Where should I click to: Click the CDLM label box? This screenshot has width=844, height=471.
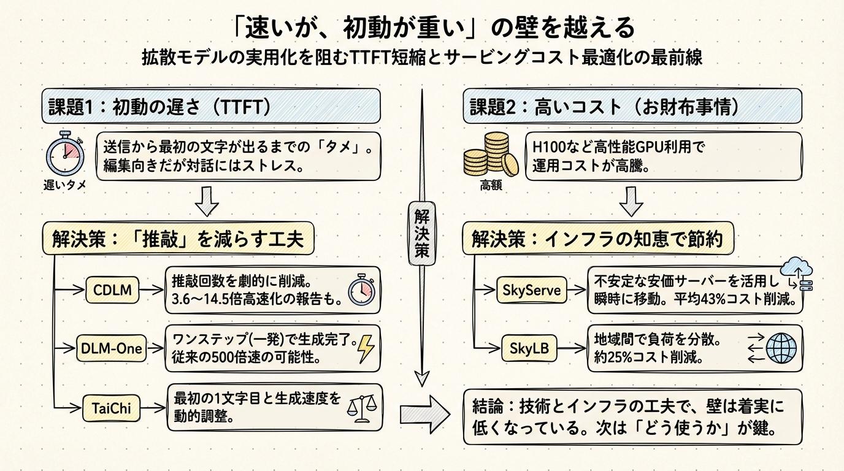pyautogui.click(x=113, y=290)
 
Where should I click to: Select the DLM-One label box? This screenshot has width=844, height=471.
pyautogui.click(x=112, y=349)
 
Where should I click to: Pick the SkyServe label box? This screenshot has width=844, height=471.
pyautogui.click(x=531, y=290)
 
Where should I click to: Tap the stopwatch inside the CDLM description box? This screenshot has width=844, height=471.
pyautogui.click(x=360, y=290)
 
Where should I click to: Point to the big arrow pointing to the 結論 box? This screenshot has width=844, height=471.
pyautogui.click(x=424, y=415)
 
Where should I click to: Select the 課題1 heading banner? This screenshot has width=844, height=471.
pyautogui.click(x=211, y=106)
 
